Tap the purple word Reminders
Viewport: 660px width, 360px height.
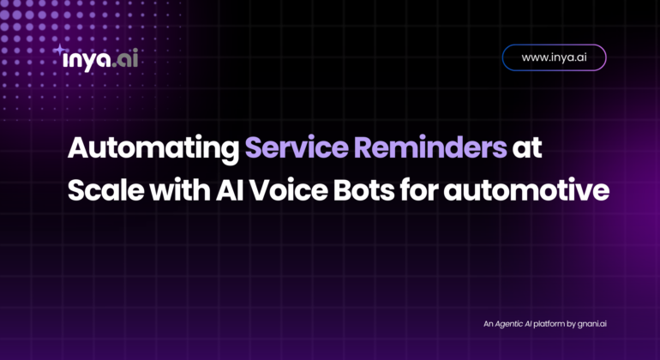[x=430, y=147]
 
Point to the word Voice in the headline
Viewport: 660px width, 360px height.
[x=288, y=190]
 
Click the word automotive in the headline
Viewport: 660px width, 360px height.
[x=526, y=191]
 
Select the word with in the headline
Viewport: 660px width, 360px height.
[x=180, y=190]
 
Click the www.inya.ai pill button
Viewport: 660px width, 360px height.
[x=554, y=57]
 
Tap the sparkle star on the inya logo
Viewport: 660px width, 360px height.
[x=59, y=50]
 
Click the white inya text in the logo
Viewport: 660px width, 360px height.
[x=87, y=60]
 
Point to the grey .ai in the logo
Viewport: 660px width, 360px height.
[x=125, y=59]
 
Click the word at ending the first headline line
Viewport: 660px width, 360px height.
[x=527, y=147]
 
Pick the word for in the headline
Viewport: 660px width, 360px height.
[x=419, y=190]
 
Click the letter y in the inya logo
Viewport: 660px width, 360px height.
[x=87, y=63]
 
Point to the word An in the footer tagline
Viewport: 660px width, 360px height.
[x=488, y=324]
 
